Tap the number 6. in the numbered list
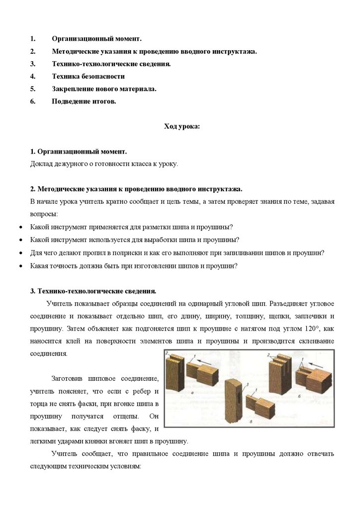tap(33, 101)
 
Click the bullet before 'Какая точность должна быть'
tap(20, 266)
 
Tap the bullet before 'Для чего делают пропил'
tap(20, 253)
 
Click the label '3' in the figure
tap(247, 385)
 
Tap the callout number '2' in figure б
tap(268, 355)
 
